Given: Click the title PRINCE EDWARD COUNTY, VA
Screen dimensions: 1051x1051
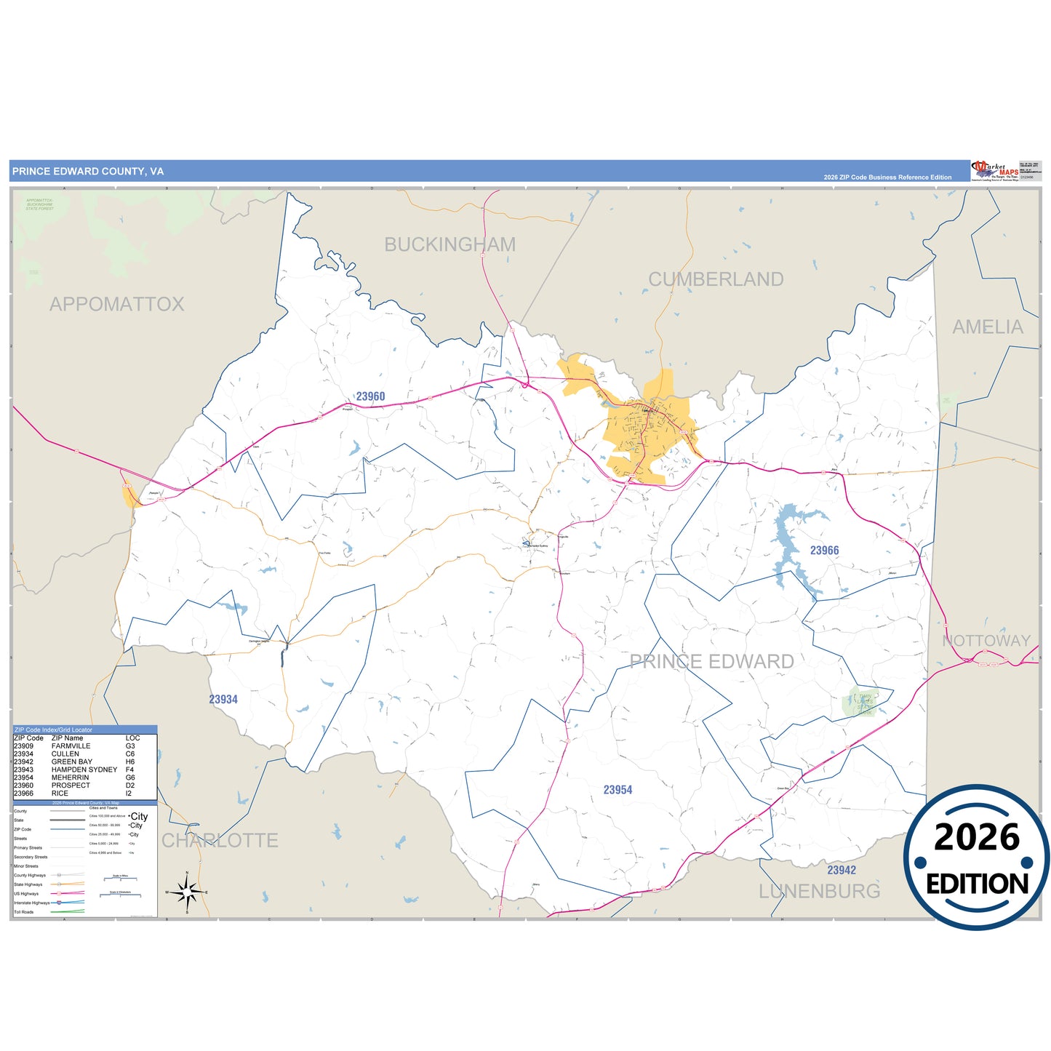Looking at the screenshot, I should pos(88,172).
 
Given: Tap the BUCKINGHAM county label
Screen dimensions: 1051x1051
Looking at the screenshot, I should pos(449,245).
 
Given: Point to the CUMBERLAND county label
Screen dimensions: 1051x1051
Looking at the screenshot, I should pos(716,279).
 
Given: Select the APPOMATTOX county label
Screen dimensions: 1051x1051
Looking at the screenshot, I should pos(116,304).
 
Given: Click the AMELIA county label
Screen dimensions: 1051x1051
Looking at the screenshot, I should pos(988,327).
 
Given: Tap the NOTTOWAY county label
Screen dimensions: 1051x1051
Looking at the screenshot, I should pos(986,641).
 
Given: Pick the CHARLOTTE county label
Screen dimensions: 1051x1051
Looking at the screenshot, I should pos(220,841).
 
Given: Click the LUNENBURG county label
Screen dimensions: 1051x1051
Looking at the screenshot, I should pos(819,891).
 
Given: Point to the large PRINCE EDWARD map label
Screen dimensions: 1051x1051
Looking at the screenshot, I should pos(711,662).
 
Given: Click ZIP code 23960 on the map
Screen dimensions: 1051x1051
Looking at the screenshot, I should pos(370,396).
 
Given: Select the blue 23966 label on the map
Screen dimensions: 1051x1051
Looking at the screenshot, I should pos(824,551).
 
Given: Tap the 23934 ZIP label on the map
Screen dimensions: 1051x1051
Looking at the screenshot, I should pos(223,700).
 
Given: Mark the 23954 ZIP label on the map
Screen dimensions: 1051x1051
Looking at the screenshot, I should pos(618,790).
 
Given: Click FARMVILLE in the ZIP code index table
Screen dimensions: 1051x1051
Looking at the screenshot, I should pos(71,746).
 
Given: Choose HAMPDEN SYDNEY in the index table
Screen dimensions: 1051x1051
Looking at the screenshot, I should pos(84,770).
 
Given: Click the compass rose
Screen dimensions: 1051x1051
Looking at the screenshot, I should pos(187,892).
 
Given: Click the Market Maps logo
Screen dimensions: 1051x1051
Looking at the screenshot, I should pos(994,171).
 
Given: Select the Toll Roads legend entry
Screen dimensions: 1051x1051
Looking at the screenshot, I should pos(24,912).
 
